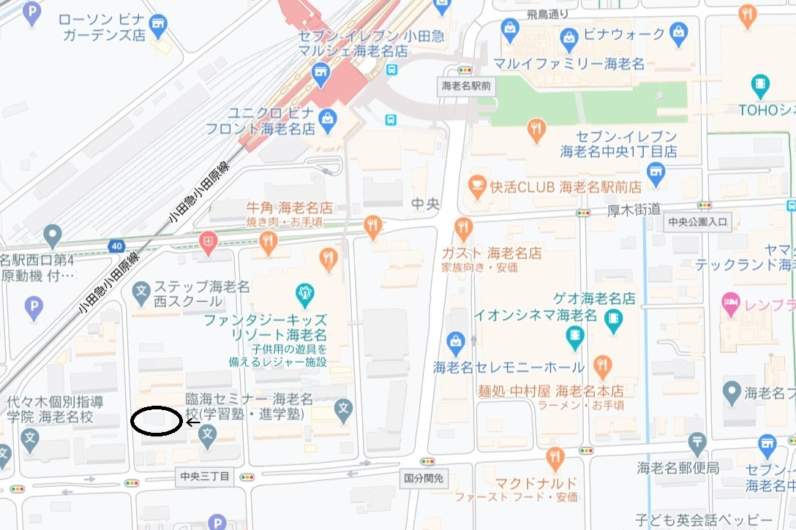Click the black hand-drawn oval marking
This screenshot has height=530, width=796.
(x=157, y=422)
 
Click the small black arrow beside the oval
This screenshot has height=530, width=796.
(x=193, y=422)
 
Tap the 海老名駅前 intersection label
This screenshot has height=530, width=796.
(x=467, y=86)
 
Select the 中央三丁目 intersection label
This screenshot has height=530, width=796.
(x=206, y=477)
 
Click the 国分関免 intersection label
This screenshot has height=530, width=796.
(x=424, y=478)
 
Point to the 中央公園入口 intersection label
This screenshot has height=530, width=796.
(x=698, y=222)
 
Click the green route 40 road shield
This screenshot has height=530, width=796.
(x=117, y=246)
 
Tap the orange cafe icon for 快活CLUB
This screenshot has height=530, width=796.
(x=478, y=183)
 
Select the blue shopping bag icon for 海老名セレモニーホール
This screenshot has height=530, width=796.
(x=457, y=341)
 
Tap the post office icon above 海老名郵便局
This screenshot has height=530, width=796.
(x=697, y=442)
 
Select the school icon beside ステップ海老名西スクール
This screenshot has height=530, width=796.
(x=141, y=292)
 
